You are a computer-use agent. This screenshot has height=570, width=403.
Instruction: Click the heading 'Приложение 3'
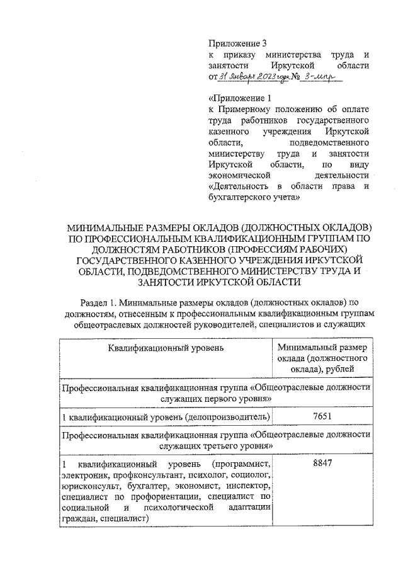pos(238,43)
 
